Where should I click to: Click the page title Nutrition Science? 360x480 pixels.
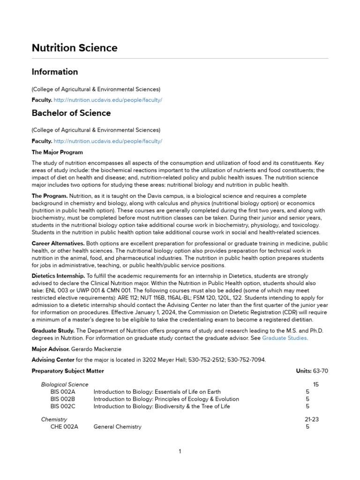(x=75, y=48)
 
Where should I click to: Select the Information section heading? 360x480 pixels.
(x=55, y=72)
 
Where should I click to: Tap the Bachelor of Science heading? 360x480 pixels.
(x=71, y=113)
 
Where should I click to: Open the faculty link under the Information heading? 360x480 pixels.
(x=108, y=100)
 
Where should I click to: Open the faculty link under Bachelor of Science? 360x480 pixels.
(x=108, y=141)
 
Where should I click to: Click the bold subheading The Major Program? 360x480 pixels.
(x=57, y=152)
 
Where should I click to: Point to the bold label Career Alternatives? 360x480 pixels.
(x=58, y=244)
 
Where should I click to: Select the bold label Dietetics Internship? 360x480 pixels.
(x=58, y=276)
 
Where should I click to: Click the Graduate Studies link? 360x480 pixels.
(x=285, y=338)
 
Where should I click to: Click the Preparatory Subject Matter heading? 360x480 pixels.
(x=68, y=371)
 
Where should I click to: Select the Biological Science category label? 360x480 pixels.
(x=65, y=384)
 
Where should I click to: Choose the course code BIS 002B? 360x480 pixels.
(x=63, y=399)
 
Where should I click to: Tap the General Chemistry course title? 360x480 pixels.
(x=117, y=427)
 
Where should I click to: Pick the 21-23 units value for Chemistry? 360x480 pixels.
(x=312, y=420)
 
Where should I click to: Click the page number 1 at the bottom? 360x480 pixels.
(x=180, y=451)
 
